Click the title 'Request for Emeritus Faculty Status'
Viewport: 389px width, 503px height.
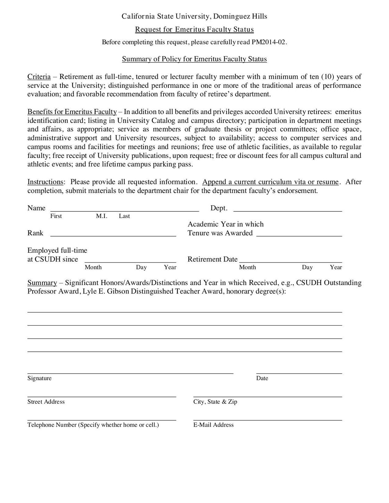tap(194, 30)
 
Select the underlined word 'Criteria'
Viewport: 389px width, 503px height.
tap(39, 77)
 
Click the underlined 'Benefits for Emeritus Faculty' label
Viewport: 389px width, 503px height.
tap(72, 112)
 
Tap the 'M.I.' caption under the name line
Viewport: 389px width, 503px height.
tap(101, 216)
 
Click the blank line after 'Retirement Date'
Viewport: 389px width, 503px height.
tap(291, 260)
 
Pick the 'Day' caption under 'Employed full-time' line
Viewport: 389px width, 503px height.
tap(141, 267)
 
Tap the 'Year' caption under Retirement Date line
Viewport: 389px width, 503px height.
tap(336, 267)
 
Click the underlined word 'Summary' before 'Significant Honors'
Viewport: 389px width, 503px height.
tap(42, 283)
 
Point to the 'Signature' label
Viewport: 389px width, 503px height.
tap(39, 378)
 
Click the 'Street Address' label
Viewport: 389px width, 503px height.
tap(46, 402)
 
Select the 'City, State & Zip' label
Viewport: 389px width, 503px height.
tap(215, 402)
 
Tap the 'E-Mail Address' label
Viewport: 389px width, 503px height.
tap(213, 425)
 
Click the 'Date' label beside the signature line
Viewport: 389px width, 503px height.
tap(262, 378)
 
